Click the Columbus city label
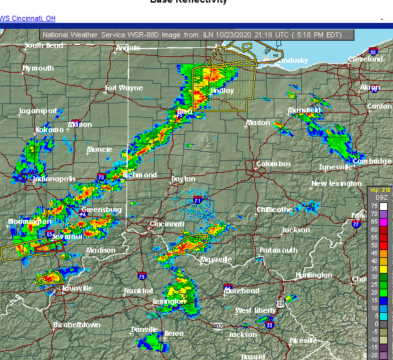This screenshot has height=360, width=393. click(273, 164)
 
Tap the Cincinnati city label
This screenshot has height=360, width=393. click(166, 224)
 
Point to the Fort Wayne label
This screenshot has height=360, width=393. click(124, 88)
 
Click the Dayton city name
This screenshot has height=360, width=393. click(183, 179)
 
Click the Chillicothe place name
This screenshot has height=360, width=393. click(274, 209)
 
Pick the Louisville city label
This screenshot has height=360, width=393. click(60, 288)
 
